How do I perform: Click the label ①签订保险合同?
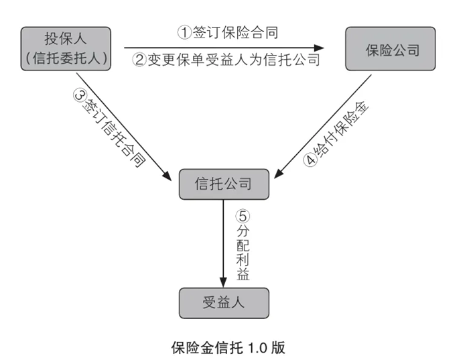(227, 32)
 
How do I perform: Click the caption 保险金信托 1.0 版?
(228, 347)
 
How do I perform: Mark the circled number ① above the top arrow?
(183, 32)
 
